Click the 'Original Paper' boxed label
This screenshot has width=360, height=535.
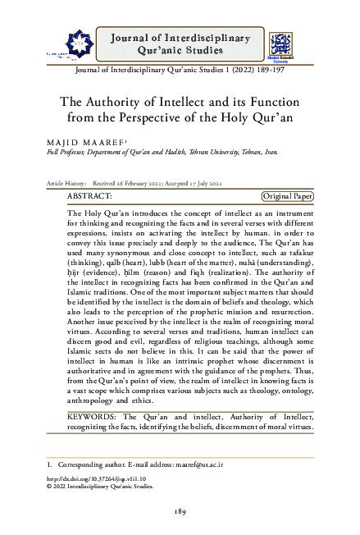[x=287, y=197]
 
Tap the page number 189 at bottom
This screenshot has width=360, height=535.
[x=181, y=513]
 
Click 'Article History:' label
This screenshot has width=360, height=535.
[x=67, y=183]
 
